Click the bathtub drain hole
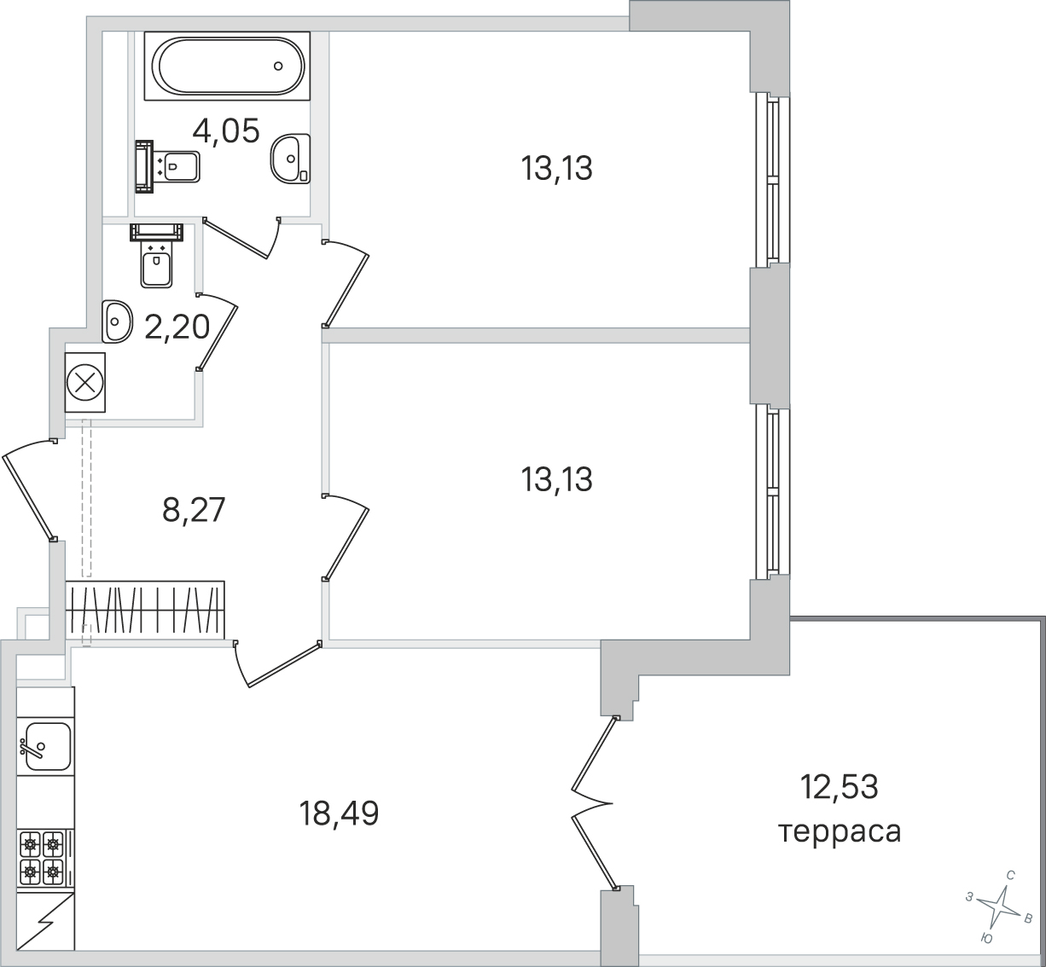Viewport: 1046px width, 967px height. pos(278,66)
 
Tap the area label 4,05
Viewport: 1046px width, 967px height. pos(226,130)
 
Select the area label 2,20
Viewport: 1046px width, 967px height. pos(177,327)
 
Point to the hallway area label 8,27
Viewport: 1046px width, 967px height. pos(194,510)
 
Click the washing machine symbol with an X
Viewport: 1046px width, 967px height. pos(85,383)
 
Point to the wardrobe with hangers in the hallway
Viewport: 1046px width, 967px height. pos(145,610)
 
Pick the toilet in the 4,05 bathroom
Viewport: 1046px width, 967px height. pos(167,166)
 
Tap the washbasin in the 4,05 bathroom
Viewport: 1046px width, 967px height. pos(290,159)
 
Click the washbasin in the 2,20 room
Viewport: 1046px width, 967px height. pos(116,321)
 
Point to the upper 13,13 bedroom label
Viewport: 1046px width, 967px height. pos(557,169)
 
